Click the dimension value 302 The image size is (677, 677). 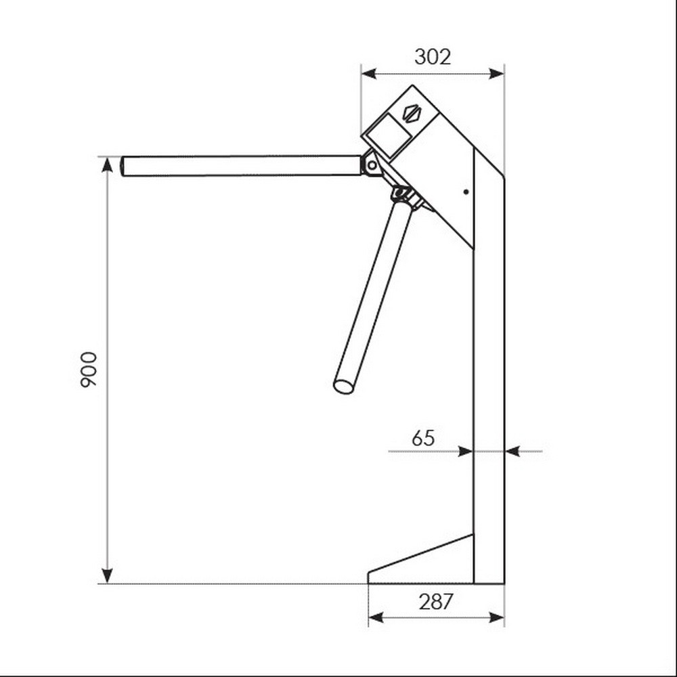click(x=433, y=57)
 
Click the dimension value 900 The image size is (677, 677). click(x=89, y=370)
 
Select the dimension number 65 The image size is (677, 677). click(x=423, y=438)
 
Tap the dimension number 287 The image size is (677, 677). click(x=436, y=602)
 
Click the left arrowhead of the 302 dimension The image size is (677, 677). click(x=369, y=74)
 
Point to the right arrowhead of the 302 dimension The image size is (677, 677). click(x=496, y=74)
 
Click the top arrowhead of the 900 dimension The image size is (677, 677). click(x=107, y=165)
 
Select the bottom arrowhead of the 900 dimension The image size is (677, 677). click(x=107, y=575)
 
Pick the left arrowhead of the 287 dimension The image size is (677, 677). click(x=376, y=617)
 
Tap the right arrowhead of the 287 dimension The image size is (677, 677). click(x=496, y=617)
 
